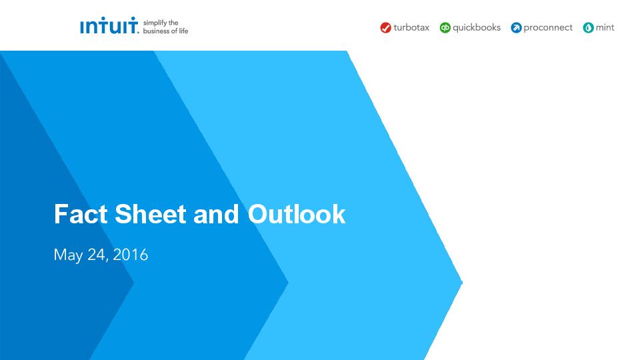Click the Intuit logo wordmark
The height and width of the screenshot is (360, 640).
pyautogui.click(x=109, y=25)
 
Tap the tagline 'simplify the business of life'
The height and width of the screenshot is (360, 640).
pyautogui.click(x=165, y=27)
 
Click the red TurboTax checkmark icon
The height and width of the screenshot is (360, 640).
pyautogui.click(x=386, y=28)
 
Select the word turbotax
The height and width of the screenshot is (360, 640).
pyautogui.click(x=411, y=27)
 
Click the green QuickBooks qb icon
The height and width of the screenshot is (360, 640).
pyautogui.click(x=445, y=28)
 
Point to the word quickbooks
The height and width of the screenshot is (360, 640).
pyautogui.click(x=477, y=27)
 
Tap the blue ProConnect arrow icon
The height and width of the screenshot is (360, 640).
pyautogui.click(x=516, y=28)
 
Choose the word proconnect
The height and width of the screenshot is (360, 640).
pyautogui.click(x=548, y=28)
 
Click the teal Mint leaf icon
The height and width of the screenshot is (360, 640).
pyautogui.click(x=588, y=28)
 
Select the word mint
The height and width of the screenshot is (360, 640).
pyautogui.click(x=605, y=27)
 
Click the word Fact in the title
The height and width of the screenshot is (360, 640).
pyautogui.click(x=81, y=214)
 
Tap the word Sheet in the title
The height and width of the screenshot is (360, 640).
pyautogui.click(x=151, y=214)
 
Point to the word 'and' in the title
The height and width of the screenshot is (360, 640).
pyautogui.click(x=216, y=214)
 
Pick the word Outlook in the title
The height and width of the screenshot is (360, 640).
pyautogui.click(x=297, y=214)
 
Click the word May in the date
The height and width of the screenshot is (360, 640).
pyautogui.click(x=68, y=255)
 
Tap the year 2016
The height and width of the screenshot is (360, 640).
pyautogui.click(x=130, y=254)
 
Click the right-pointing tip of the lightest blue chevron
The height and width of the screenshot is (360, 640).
pyautogui.click(x=462, y=282)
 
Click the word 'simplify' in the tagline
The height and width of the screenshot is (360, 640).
pyautogui.click(x=155, y=23)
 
